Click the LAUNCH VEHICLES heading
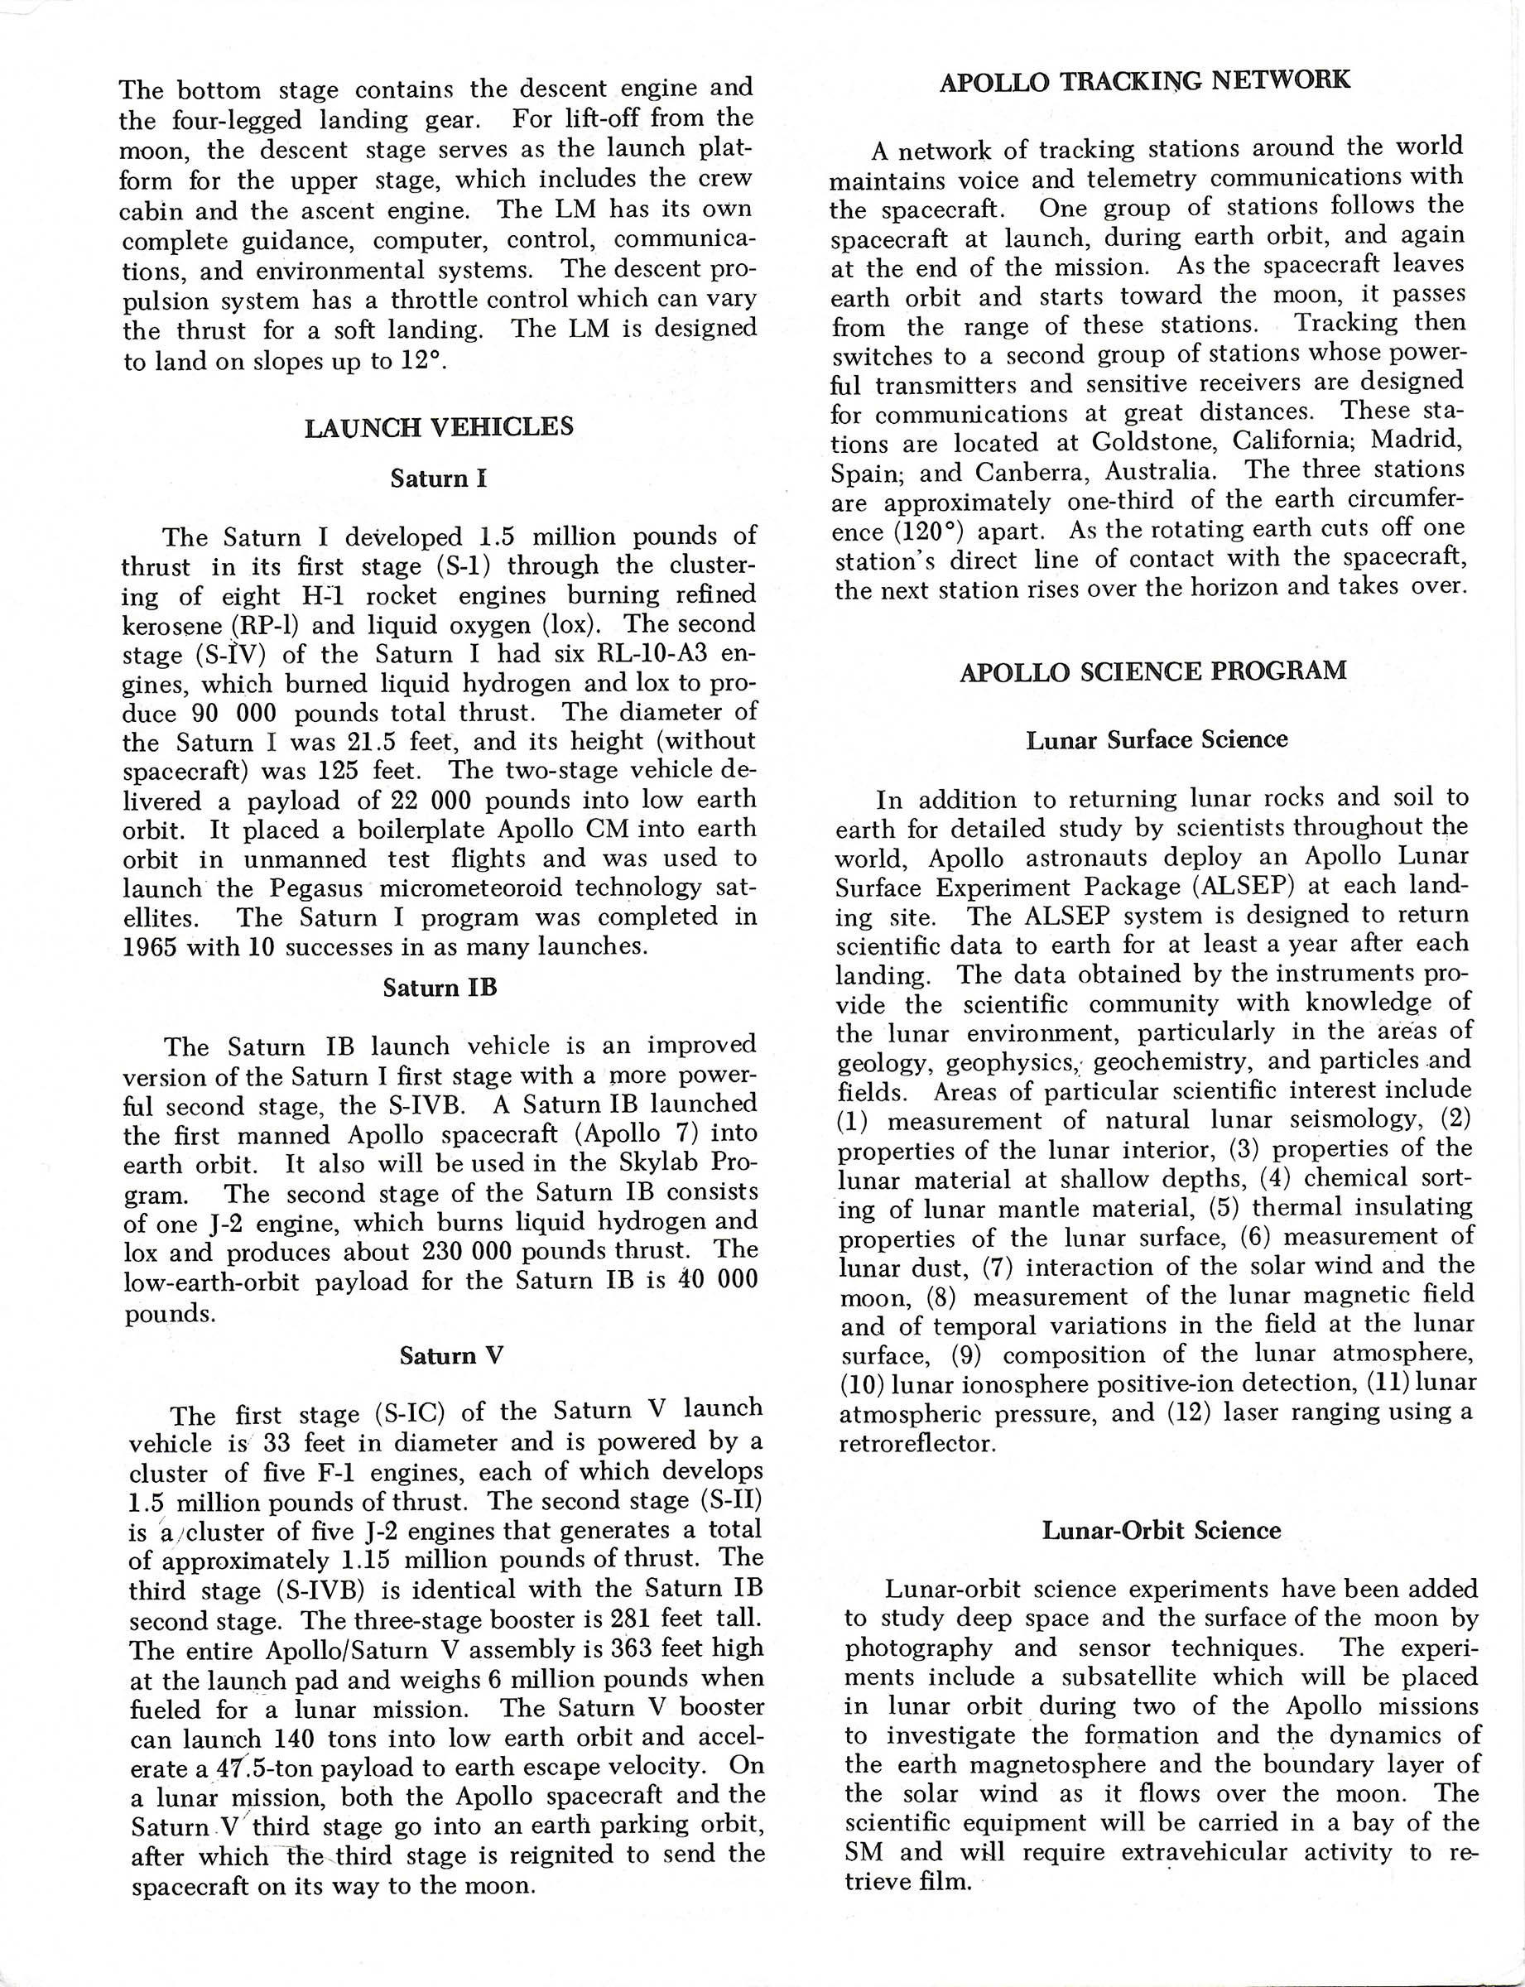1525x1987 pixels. point(439,426)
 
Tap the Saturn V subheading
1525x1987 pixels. point(450,1355)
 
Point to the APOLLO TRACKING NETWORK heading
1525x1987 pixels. point(1145,82)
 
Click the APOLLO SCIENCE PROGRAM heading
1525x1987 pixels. point(1152,671)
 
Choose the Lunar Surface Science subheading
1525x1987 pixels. point(1157,740)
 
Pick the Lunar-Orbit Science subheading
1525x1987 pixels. point(1161,1531)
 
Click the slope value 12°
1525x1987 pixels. point(423,360)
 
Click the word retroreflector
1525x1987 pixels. point(916,1442)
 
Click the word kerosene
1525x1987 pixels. point(172,627)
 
